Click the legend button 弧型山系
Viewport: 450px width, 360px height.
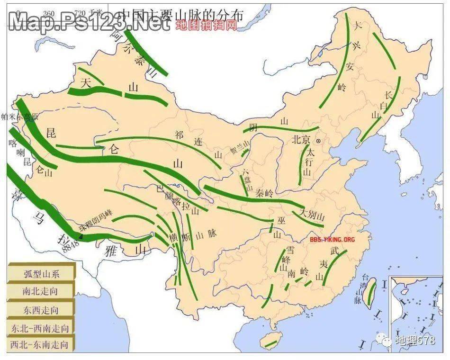click(41, 273)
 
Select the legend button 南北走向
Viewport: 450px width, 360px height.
click(41, 291)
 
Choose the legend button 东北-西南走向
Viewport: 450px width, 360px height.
click(41, 327)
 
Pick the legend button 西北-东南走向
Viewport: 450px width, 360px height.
click(41, 345)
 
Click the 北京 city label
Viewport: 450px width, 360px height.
click(301, 140)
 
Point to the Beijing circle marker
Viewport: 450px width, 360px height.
click(318, 141)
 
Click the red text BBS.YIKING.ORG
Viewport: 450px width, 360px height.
click(332, 240)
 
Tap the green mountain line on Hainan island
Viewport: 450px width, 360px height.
click(271, 341)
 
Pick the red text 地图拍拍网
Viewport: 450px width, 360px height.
click(206, 25)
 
